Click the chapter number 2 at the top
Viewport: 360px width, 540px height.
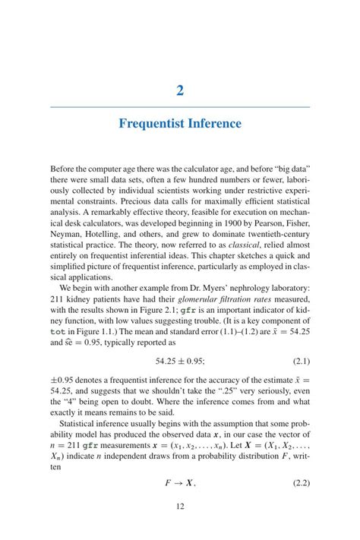(x=180, y=91)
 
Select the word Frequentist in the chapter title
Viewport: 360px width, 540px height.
(x=154, y=124)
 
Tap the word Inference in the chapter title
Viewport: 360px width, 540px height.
(x=216, y=124)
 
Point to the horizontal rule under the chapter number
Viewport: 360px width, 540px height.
(x=180, y=107)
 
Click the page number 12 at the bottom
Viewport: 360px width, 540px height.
(x=180, y=507)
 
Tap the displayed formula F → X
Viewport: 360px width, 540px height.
(x=180, y=482)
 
